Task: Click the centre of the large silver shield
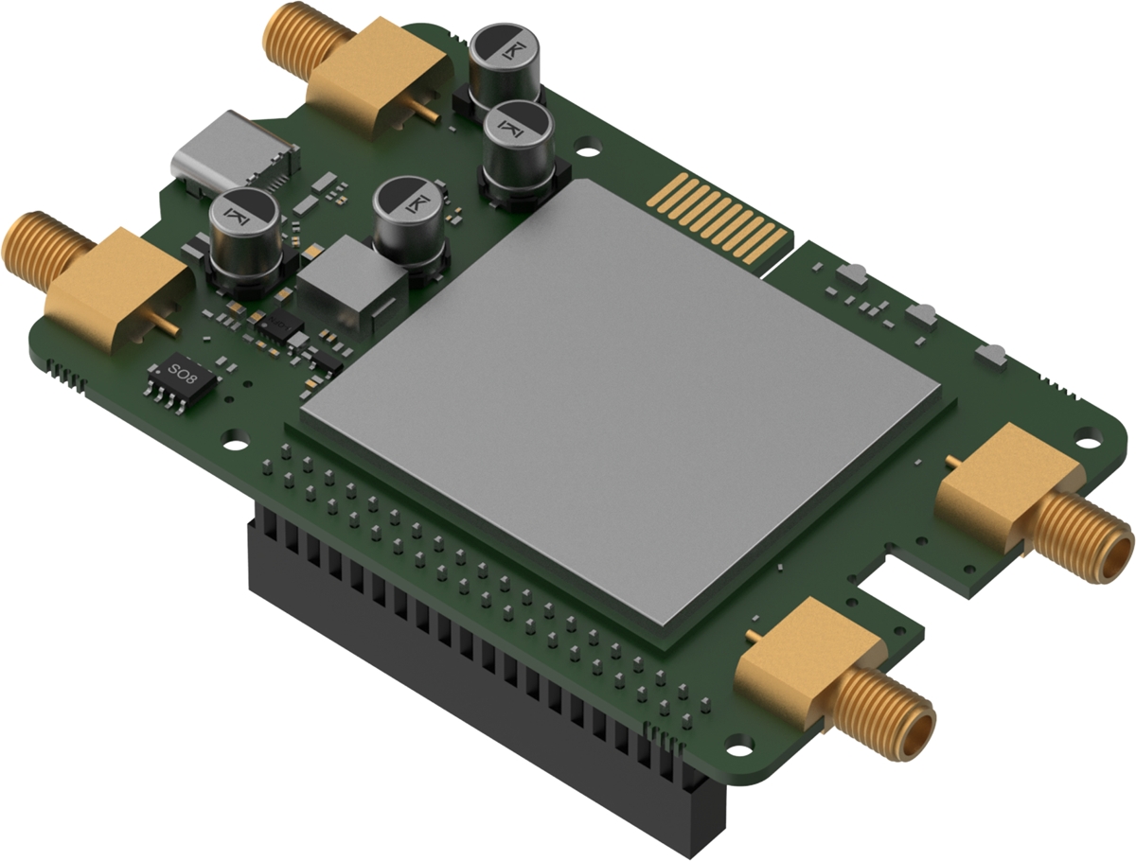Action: tap(620, 397)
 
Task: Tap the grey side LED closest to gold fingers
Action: tap(851, 275)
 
